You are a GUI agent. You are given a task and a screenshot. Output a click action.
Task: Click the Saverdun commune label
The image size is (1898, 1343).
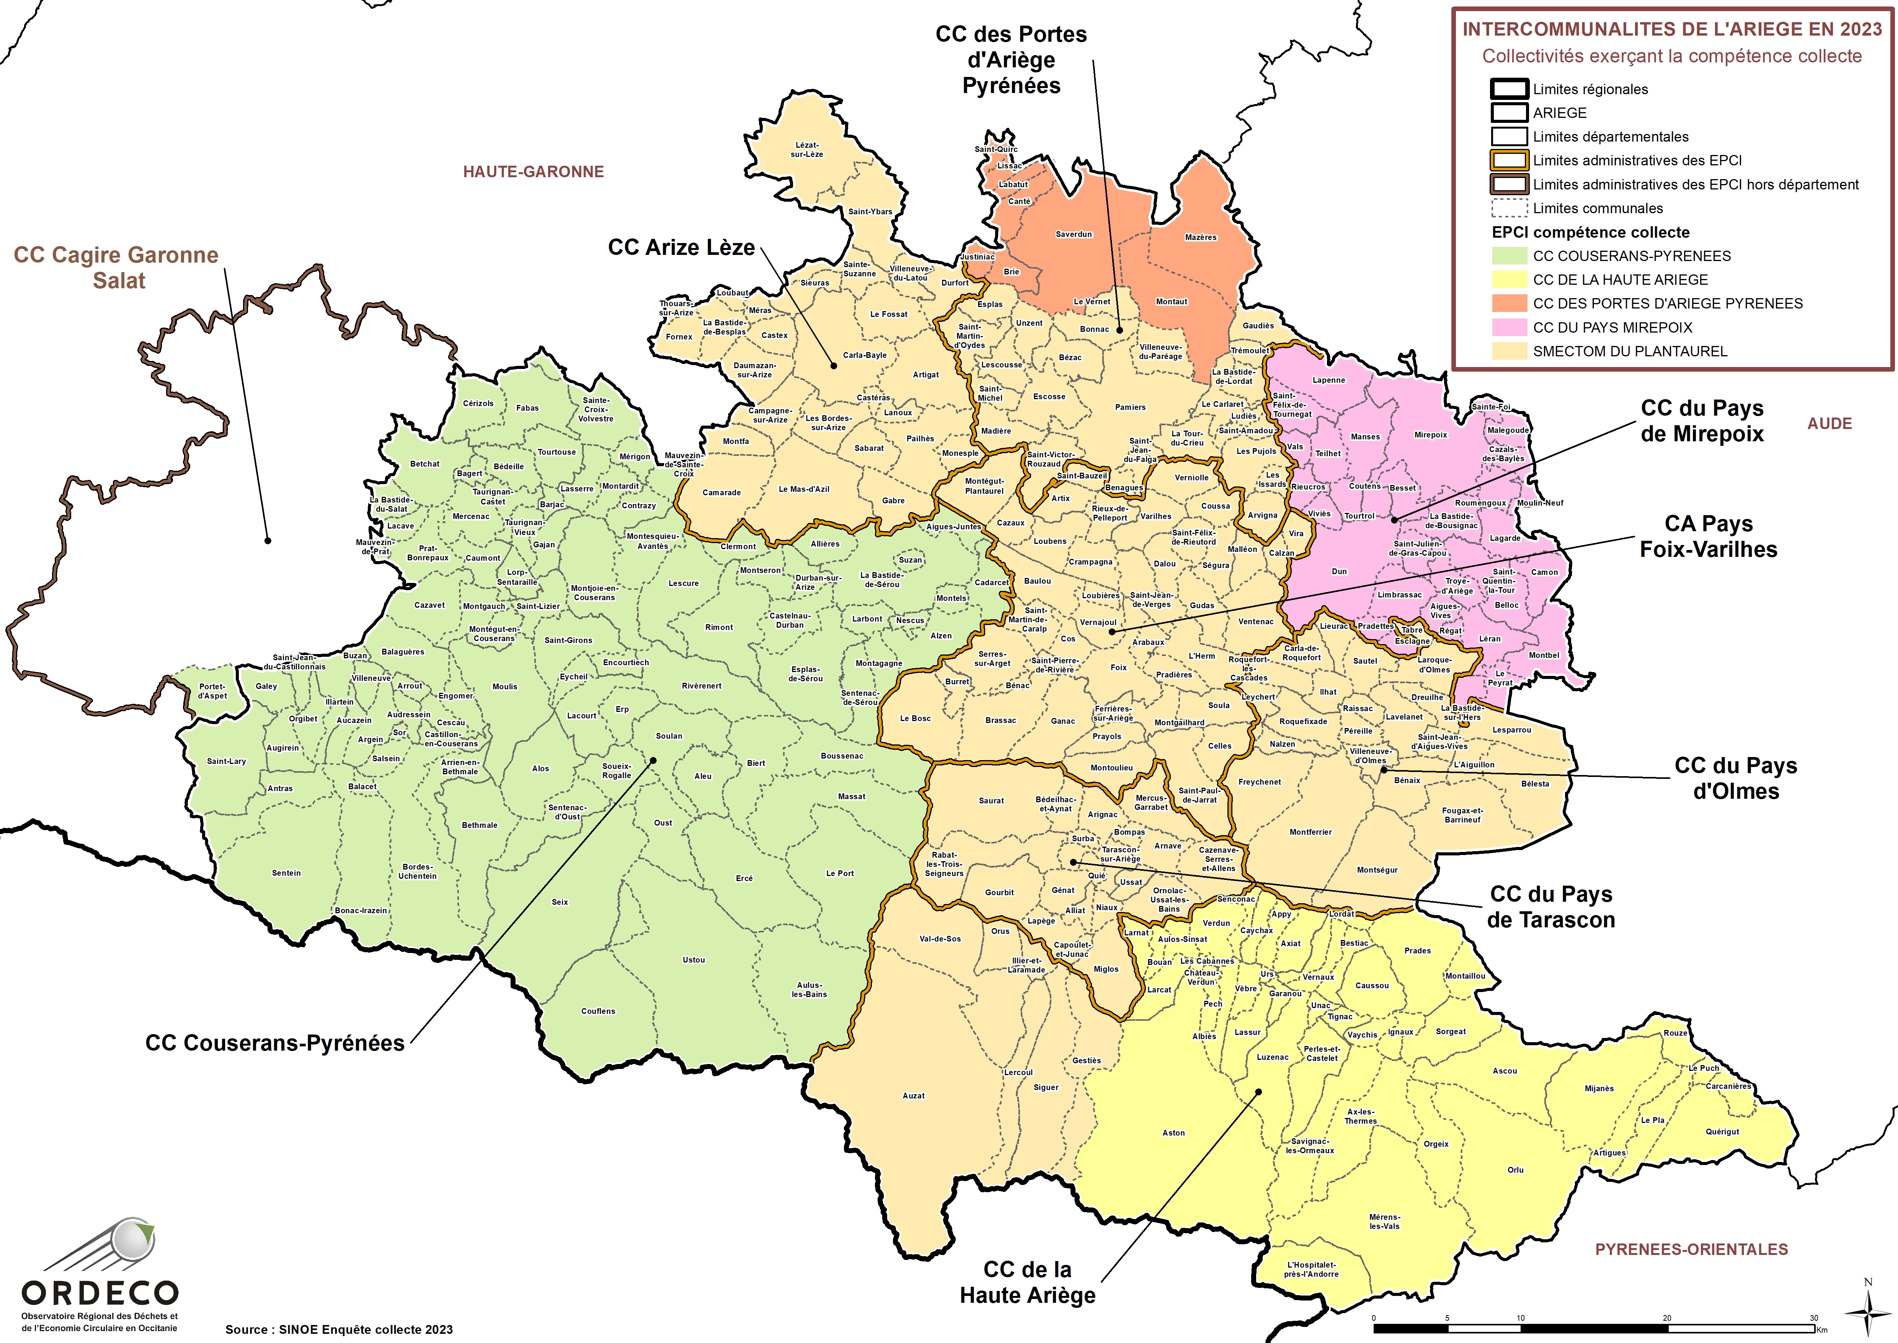(x=1074, y=234)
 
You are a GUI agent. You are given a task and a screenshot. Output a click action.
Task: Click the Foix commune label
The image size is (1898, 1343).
(x=1118, y=667)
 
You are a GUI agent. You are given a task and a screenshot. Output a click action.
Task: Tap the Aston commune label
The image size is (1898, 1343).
(x=1173, y=1133)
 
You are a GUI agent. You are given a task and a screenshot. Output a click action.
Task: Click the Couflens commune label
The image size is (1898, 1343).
(x=598, y=1012)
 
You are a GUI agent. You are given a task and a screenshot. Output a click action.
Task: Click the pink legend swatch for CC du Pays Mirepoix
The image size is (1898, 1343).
(x=1508, y=328)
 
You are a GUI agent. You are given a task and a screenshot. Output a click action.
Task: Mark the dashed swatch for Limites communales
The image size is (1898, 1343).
(x=1508, y=208)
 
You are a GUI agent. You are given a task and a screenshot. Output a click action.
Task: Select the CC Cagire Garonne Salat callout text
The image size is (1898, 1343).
(x=117, y=267)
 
